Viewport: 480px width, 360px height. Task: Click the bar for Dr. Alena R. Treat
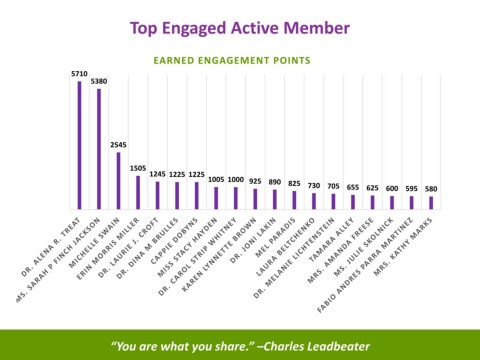(79, 145)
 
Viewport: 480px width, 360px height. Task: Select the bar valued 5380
(99, 149)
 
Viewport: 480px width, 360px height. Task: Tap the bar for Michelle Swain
(118, 181)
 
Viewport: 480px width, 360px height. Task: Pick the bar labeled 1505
(138, 192)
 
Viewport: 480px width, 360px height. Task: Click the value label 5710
(79, 74)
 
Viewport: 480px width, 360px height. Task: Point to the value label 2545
(118, 145)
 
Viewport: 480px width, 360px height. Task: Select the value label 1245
(157, 174)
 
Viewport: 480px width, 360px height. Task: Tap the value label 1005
(216, 179)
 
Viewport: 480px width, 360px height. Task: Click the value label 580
(431, 189)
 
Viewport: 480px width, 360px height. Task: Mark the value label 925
(255, 181)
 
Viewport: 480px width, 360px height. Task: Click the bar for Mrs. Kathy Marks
(431, 203)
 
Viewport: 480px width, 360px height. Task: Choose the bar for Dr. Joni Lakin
(275, 199)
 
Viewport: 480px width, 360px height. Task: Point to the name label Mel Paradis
(276, 237)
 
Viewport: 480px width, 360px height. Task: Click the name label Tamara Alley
(331, 240)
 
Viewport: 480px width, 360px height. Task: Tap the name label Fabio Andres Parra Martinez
(365, 265)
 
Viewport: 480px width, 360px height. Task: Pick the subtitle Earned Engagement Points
(232, 60)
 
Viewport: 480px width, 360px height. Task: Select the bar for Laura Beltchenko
(314, 201)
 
